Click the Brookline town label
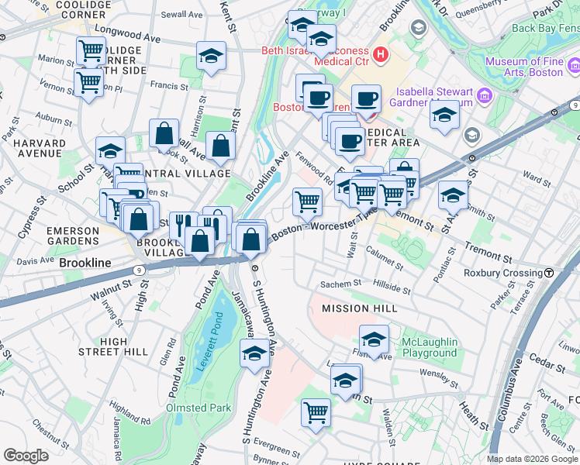click(x=85, y=263)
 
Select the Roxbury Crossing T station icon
click(x=549, y=273)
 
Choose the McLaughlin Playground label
click(x=429, y=347)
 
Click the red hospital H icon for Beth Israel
click(x=381, y=54)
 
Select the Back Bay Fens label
click(x=546, y=29)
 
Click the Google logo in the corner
click(x=26, y=456)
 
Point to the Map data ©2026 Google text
click(x=532, y=459)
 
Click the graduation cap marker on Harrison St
click(x=211, y=57)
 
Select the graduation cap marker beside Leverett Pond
click(x=253, y=355)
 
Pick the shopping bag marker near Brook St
click(x=164, y=133)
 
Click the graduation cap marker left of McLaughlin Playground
click(x=374, y=339)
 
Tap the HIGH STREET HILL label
click(x=124, y=346)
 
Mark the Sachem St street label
click(x=341, y=284)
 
